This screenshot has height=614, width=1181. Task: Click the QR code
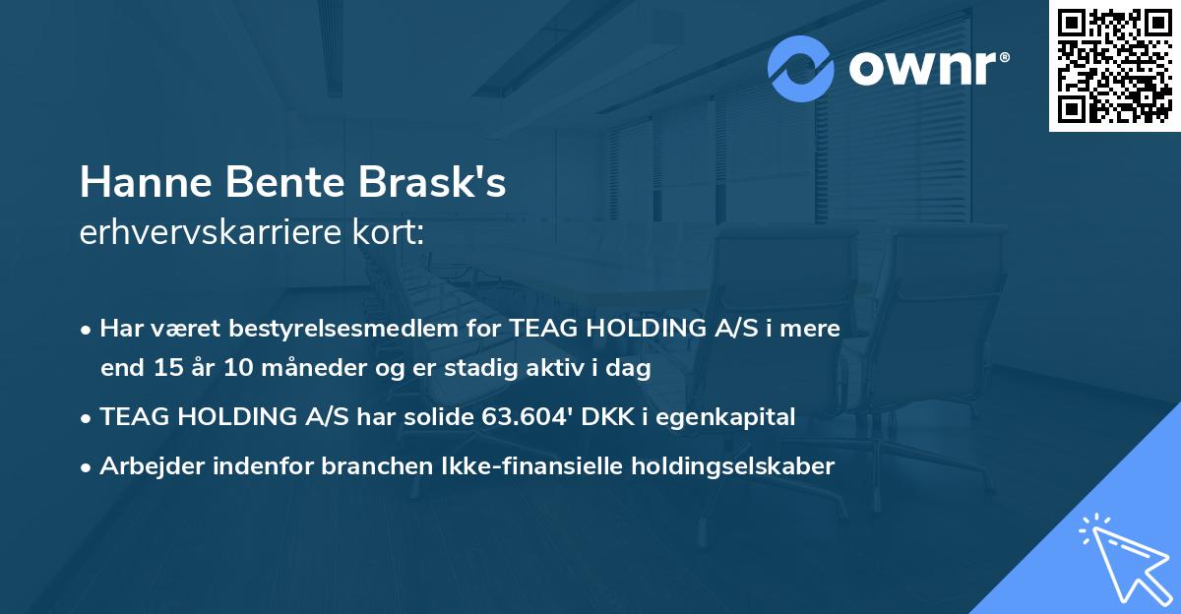click(x=1114, y=66)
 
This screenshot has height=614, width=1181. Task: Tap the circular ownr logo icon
click(x=801, y=68)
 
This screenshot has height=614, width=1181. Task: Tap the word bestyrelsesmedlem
click(x=343, y=328)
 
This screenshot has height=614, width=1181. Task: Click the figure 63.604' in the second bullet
click(x=529, y=416)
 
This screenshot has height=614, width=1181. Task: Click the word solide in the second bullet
click(x=441, y=416)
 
